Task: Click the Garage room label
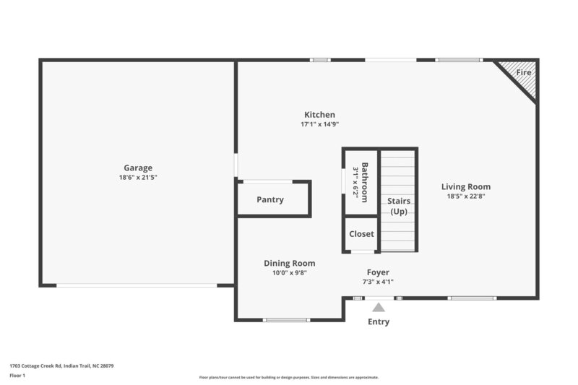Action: pyautogui.click(x=137, y=168)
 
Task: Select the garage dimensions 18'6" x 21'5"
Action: pyautogui.click(x=137, y=177)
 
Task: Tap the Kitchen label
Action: pyautogui.click(x=319, y=115)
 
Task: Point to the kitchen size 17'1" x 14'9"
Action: pyautogui.click(x=319, y=124)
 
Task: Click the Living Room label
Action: pyautogui.click(x=466, y=186)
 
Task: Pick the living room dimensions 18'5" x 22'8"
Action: pyautogui.click(x=466, y=196)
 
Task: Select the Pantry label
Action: pyautogui.click(x=270, y=200)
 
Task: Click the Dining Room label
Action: pyautogui.click(x=289, y=264)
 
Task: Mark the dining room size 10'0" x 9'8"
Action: pyautogui.click(x=289, y=273)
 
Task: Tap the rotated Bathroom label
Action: pyautogui.click(x=365, y=178)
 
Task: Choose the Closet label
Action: pyautogui.click(x=361, y=234)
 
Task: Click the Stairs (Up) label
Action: pyautogui.click(x=399, y=206)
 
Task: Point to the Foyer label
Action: pyautogui.click(x=378, y=272)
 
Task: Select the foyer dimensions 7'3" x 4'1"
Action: pyautogui.click(x=378, y=282)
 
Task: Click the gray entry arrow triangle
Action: pyautogui.click(x=379, y=308)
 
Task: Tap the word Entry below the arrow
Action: pyautogui.click(x=379, y=322)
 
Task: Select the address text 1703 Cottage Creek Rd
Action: pyautogui.click(x=61, y=365)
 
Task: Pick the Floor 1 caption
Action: pyautogui.click(x=18, y=376)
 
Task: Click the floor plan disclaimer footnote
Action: pyautogui.click(x=288, y=377)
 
